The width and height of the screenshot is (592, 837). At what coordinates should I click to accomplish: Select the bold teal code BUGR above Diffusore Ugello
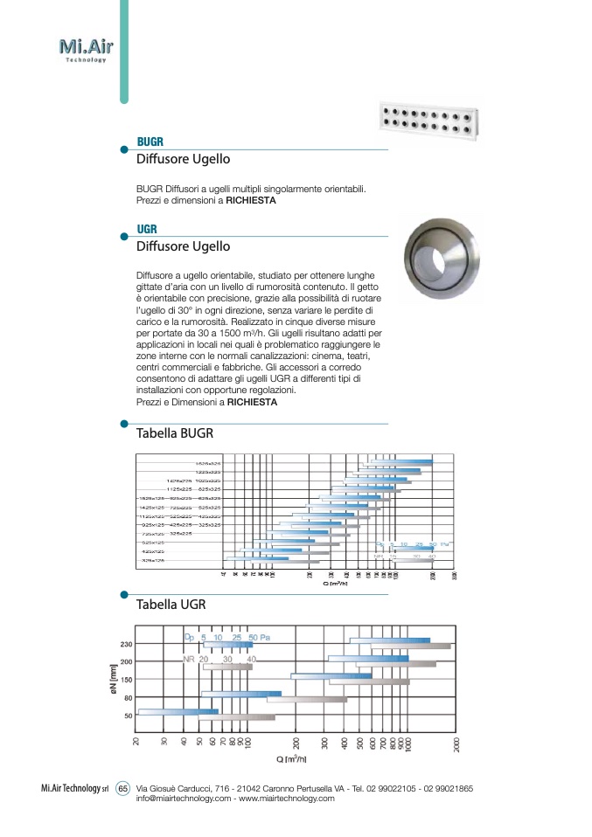(x=150, y=142)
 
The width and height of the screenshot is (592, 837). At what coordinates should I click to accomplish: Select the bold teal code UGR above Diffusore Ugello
(x=147, y=230)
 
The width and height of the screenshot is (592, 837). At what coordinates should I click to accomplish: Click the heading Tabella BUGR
(x=175, y=432)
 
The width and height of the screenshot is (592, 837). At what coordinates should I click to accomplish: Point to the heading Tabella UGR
(x=171, y=604)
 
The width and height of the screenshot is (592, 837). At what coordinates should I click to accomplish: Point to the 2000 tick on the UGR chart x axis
(x=456, y=744)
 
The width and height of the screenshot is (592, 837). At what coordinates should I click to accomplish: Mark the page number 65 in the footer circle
(x=122, y=789)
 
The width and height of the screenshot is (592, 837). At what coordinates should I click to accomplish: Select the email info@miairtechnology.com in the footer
(x=184, y=799)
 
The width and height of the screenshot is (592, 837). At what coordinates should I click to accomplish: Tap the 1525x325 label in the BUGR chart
(x=207, y=463)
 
